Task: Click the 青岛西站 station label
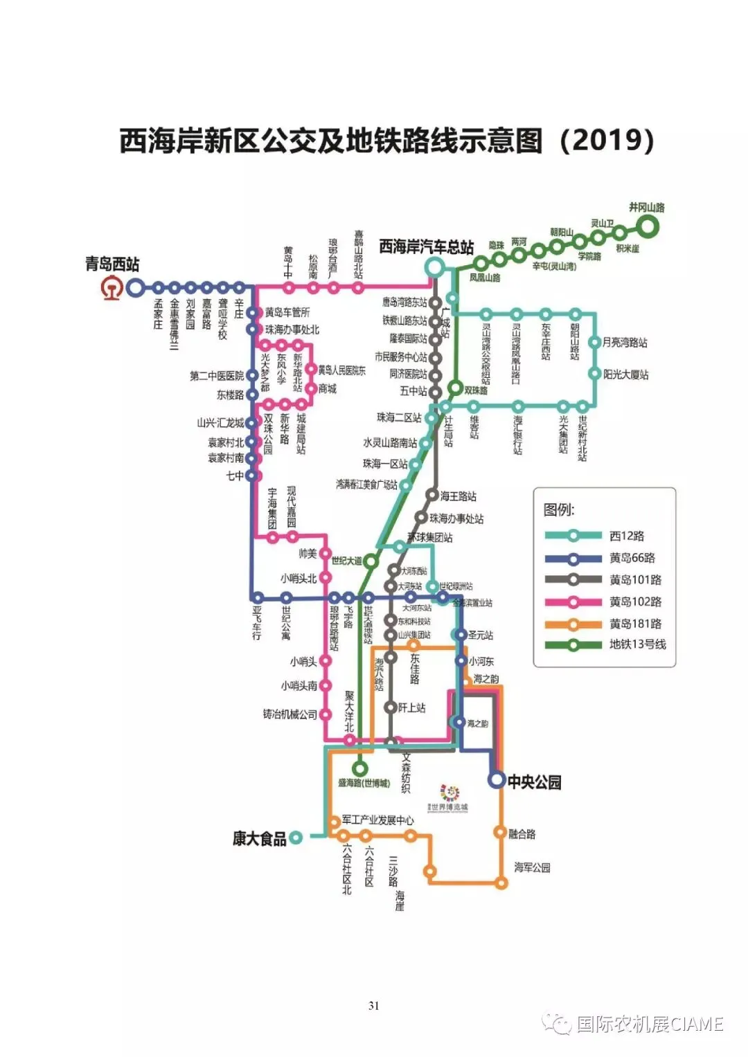(112, 264)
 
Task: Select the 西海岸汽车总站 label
(427, 247)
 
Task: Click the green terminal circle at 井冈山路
(648, 225)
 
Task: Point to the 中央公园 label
(534, 782)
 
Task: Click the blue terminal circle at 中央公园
(497, 780)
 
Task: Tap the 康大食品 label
(259, 839)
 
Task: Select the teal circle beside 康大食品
(296, 838)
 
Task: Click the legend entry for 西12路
(627, 536)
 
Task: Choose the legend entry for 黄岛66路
(632, 558)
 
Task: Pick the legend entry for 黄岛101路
(635, 580)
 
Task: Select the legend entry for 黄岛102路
(635, 602)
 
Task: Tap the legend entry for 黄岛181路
(635, 624)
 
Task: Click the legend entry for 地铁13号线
(637, 644)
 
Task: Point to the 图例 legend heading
(559, 510)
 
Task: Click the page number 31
(374, 1006)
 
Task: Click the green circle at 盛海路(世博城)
(359, 768)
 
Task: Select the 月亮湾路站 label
(625, 343)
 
